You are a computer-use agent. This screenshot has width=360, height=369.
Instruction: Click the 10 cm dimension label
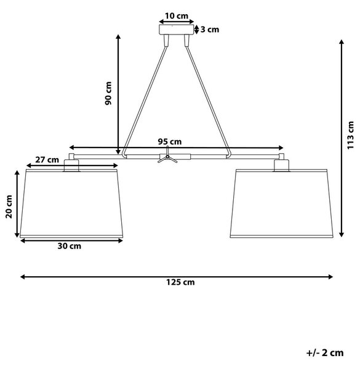point(177,16)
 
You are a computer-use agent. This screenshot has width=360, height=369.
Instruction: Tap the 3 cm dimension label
point(210,30)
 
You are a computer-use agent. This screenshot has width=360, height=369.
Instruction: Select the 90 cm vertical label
point(108,93)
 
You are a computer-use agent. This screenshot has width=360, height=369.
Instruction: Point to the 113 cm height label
point(350,135)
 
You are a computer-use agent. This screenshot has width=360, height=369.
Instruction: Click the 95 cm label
point(169,141)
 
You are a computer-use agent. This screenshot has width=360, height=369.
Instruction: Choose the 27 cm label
point(47,159)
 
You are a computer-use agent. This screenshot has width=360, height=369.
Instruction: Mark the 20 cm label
point(9,207)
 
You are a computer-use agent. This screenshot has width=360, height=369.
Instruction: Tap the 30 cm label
point(69,246)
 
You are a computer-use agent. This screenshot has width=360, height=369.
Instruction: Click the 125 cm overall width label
point(180,282)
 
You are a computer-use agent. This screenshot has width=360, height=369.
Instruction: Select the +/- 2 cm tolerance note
point(325,353)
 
